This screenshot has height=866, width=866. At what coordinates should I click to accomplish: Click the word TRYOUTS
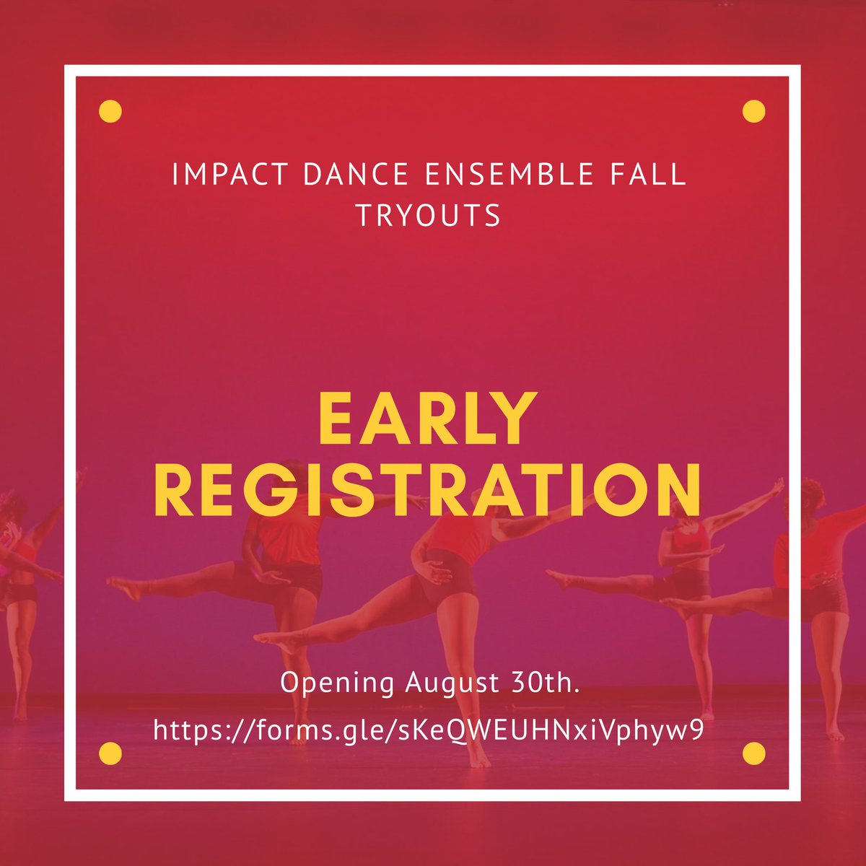click(x=429, y=215)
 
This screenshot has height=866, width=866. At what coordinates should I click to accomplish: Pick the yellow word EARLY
click(x=429, y=420)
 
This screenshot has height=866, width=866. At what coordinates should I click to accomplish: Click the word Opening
click(x=337, y=683)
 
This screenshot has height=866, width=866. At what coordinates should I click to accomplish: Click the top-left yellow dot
click(x=110, y=111)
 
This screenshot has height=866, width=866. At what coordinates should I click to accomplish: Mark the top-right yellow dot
click(x=753, y=111)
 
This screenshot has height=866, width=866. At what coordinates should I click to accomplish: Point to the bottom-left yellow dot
click(x=110, y=753)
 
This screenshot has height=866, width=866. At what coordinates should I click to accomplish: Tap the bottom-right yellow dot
click(x=753, y=753)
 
